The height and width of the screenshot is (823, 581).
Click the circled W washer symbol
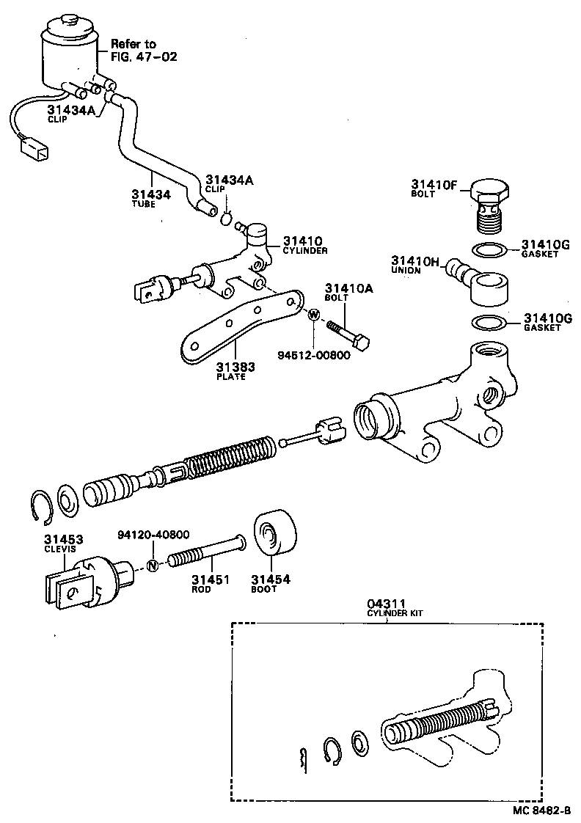pos(313,315)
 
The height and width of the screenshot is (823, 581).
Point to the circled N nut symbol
pos(153,565)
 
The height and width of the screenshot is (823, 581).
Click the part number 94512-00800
pos(313,356)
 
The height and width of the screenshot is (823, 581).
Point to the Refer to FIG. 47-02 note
pos(133,50)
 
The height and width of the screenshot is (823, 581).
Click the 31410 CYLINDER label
pos(303,245)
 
